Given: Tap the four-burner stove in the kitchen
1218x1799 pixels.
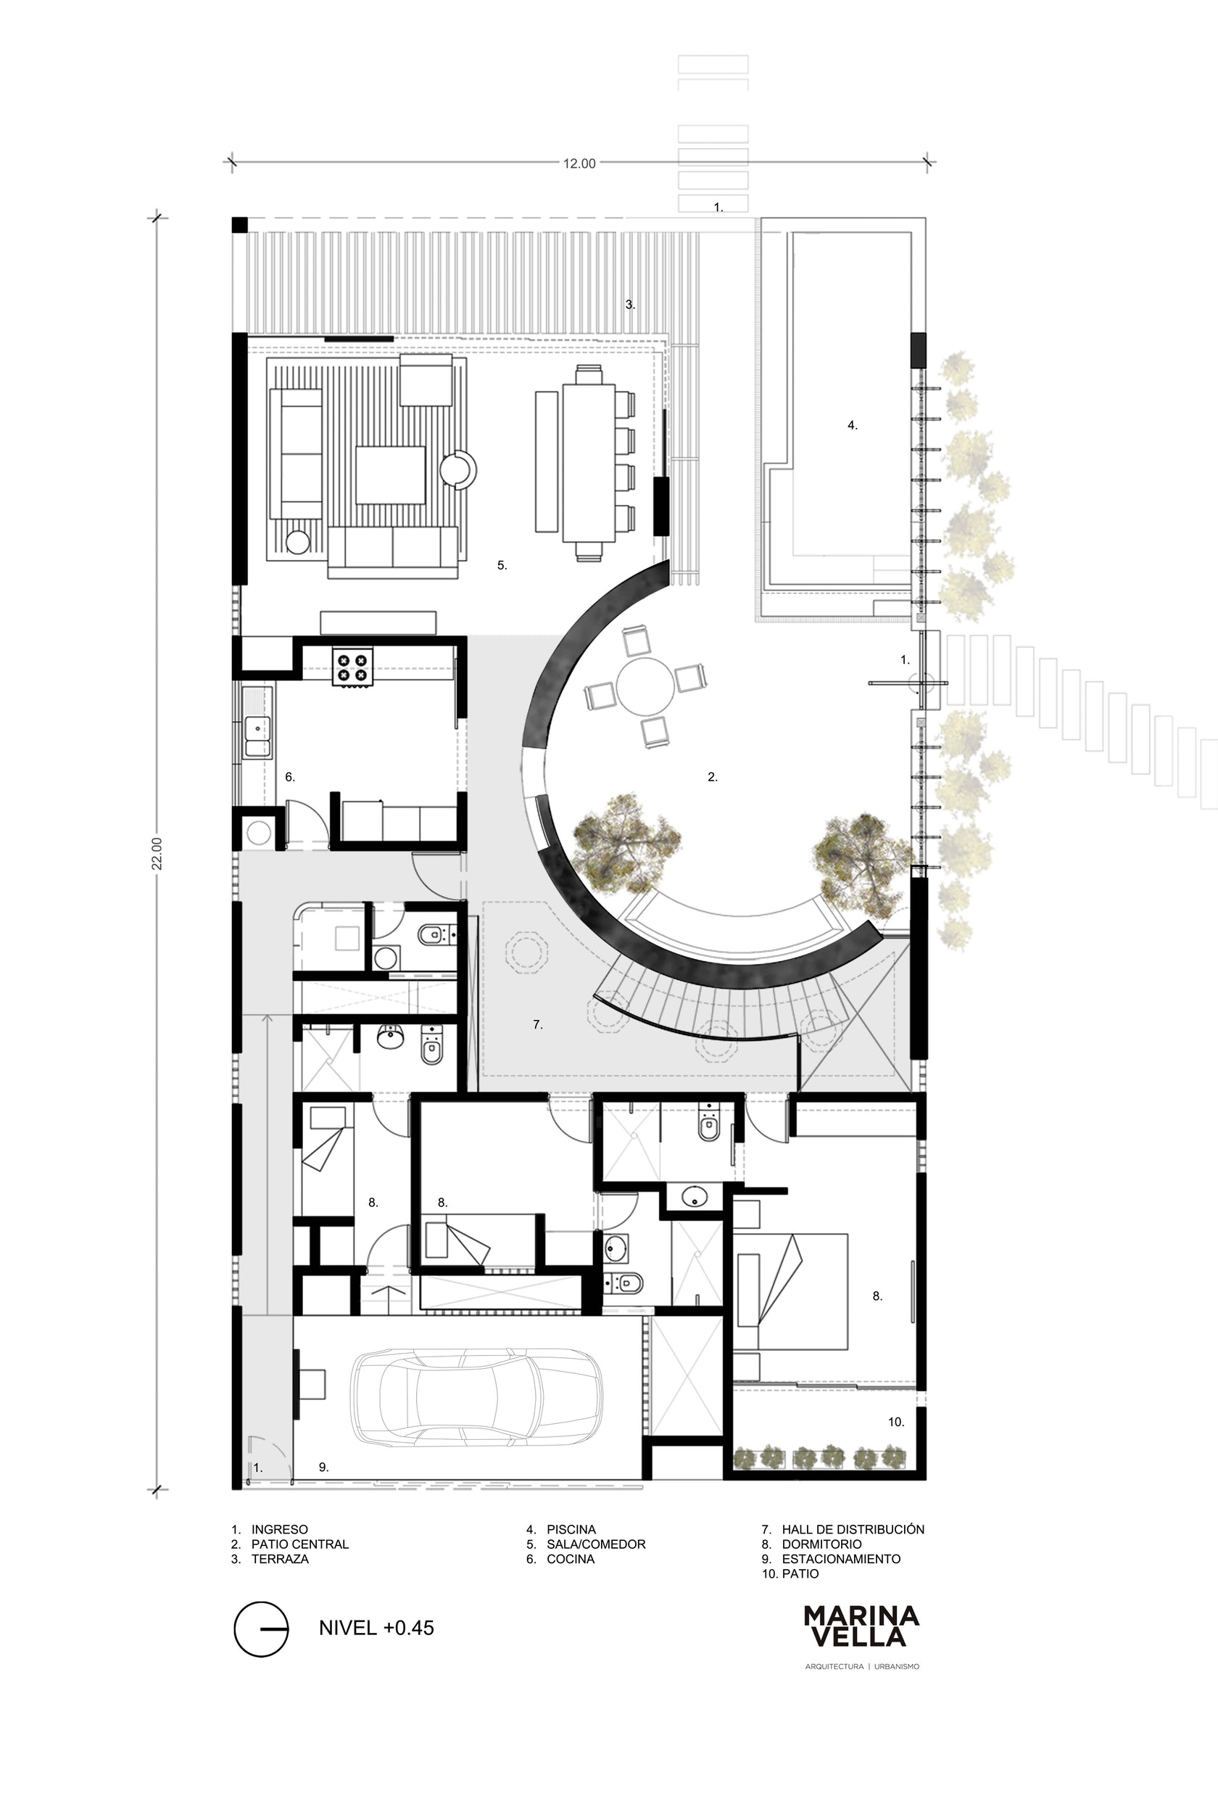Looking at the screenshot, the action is pyautogui.click(x=353, y=667).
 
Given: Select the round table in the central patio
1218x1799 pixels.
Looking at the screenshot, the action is pyautogui.click(x=642, y=683).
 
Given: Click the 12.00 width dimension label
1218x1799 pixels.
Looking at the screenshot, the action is pyautogui.click(x=579, y=163).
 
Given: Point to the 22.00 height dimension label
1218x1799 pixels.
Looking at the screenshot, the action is pyautogui.click(x=157, y=853).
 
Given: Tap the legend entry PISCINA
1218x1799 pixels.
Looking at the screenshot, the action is pyautogui.click(x=571, y=1530).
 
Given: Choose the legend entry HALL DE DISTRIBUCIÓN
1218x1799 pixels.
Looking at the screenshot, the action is pyautogui.click(x=853, y=1529).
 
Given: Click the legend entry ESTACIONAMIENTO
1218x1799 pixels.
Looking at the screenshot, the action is pyautogui.click(x=841, y=1559).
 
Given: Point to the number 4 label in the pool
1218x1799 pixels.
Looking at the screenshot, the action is pyautogui.click(x=852, y=425).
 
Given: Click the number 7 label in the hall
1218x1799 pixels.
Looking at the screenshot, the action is pyautogui.click(x=537, y=1024).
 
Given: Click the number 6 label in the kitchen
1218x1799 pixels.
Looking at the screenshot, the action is pyautogui.click(x=289, y=776).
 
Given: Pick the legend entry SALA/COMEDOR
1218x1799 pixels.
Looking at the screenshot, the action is pyautogui.click(x=596, y=1544).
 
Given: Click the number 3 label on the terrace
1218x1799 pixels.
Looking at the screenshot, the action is pyautogui.click(x=630, y=305).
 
